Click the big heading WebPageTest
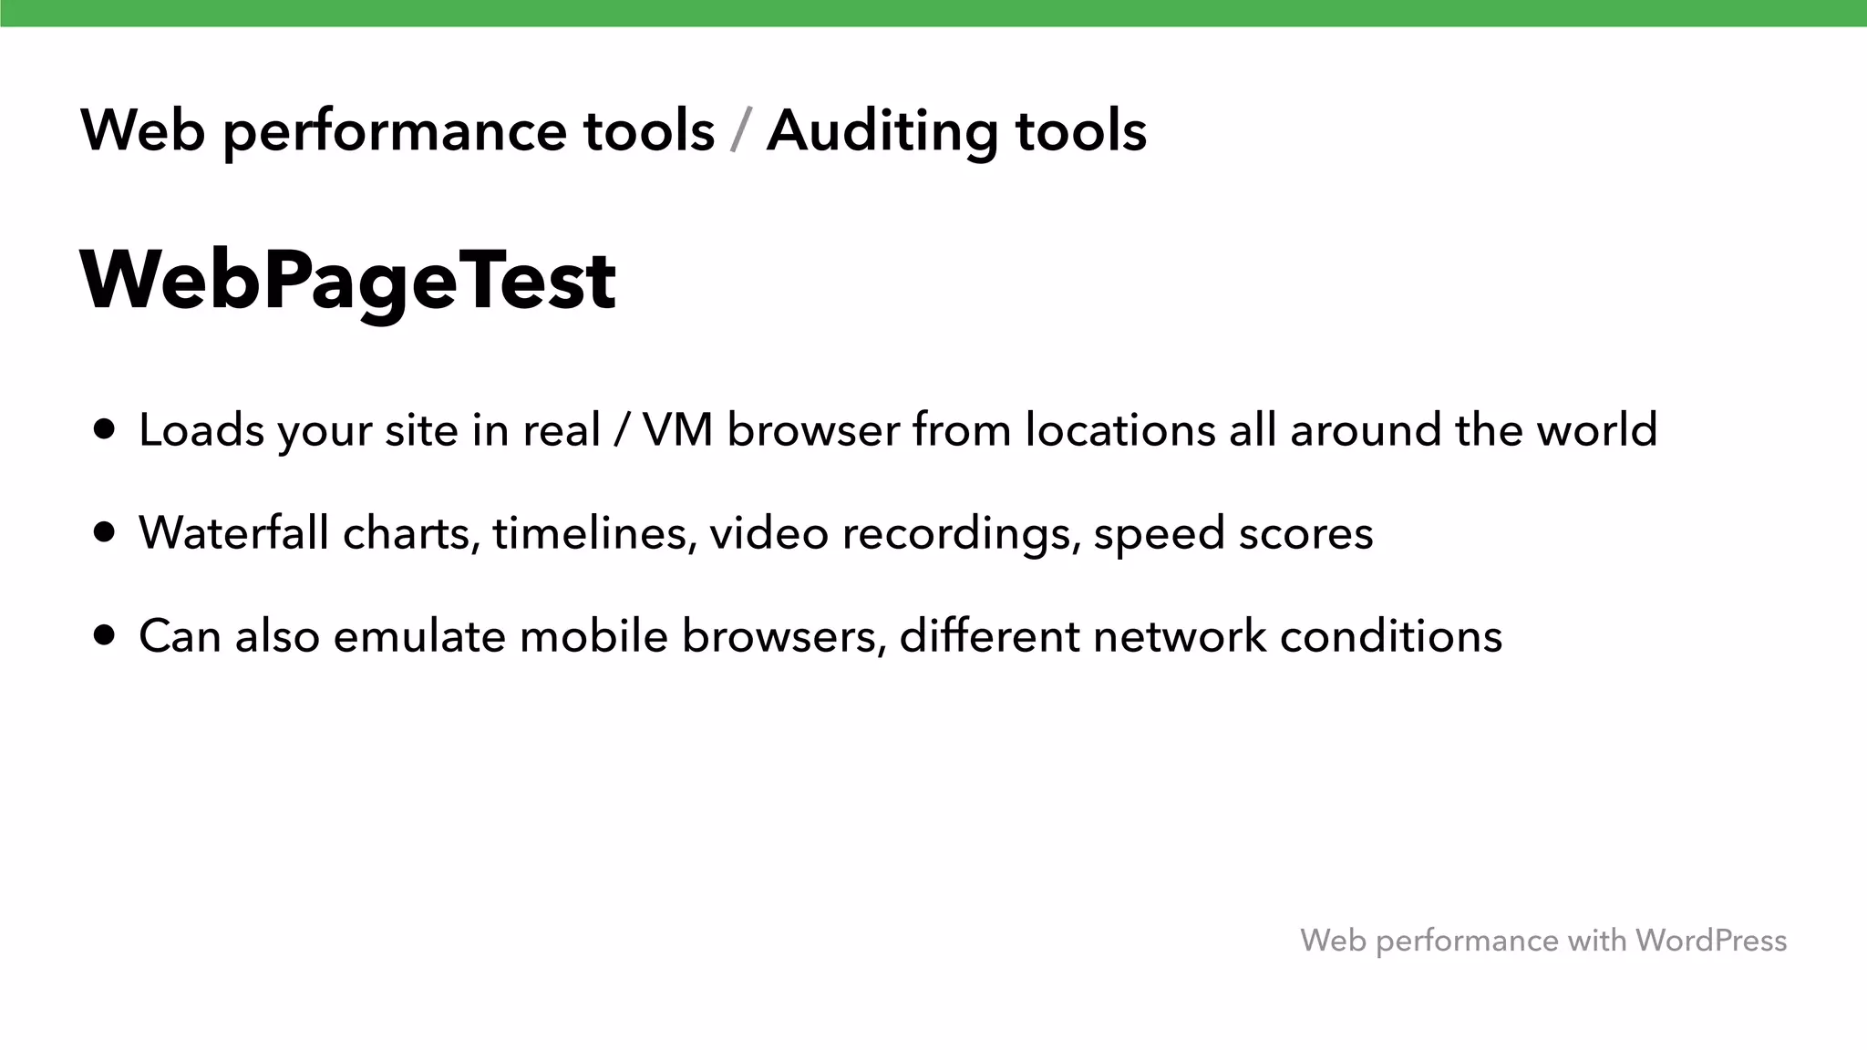[348, 280]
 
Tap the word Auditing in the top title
[881, 130]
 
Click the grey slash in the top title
[741, 130]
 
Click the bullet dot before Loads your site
[105, 429]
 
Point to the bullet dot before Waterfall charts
[105, 532]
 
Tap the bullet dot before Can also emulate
[105, 635]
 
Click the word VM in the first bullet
[677, 429]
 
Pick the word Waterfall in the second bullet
[233, 532]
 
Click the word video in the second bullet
[768, 532]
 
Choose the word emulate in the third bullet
[419, 635]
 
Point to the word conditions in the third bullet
[1391, 635]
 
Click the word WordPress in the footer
[1710, 940]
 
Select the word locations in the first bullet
[1119, 429]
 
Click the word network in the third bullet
[1180, 635]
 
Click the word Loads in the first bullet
[201, 429]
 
